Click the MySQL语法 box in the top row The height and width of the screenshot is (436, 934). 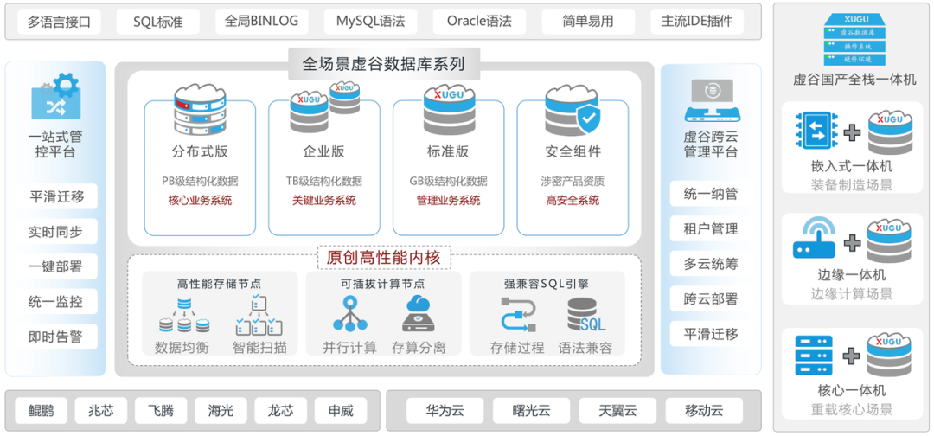click(x=370, y=22)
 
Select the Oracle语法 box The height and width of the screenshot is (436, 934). click(x=479, y=22)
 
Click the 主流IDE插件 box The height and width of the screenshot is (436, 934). click(x=696, y=22)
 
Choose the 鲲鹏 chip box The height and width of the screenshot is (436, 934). click(x=41, y=410)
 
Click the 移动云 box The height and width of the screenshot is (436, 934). click(x=703, y=410)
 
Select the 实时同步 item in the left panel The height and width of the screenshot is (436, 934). click(x=55, y=232)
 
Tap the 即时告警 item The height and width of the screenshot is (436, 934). click(x=55, y=337)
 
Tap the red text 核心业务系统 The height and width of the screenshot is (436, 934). click(x=200, y=201)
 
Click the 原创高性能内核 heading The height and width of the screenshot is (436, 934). click(x=383, y=257)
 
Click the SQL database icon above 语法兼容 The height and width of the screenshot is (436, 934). click(x=586, y=315)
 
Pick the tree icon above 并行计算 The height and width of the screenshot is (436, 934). click(x=349, y=315)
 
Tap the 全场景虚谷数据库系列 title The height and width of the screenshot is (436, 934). click(x=383, y=64)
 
